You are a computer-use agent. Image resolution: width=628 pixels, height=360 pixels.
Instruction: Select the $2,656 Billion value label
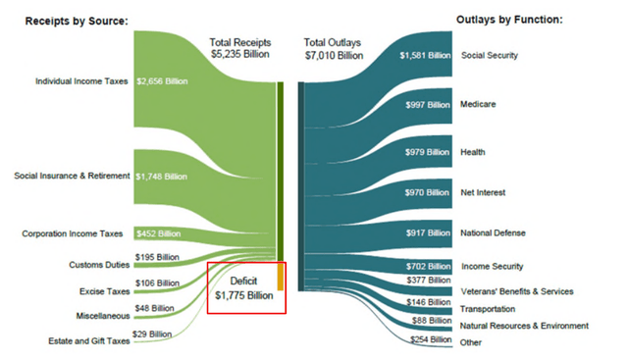(164, 80)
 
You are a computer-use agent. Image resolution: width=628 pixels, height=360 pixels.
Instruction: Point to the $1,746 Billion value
(164, 176)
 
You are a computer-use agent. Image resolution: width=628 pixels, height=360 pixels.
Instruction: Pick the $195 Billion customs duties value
(157, 256)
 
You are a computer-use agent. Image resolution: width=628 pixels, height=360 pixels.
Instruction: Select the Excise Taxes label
(102, 291)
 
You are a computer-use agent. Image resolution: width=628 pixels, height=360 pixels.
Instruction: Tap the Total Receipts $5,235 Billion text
(239, 49)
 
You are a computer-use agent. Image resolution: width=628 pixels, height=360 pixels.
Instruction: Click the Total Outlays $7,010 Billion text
(334, 49)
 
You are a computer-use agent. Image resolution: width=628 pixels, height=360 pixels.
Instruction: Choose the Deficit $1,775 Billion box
(245, 287)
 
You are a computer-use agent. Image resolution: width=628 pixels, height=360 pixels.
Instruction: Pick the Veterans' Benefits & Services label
(517, 291)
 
